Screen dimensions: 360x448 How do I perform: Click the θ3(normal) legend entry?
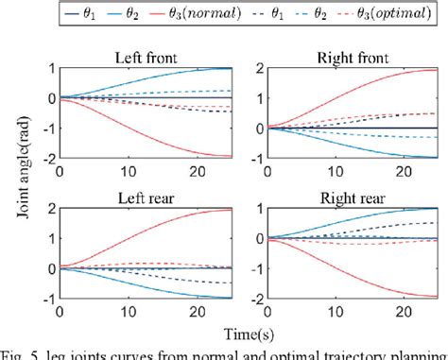[x=201, y=14]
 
